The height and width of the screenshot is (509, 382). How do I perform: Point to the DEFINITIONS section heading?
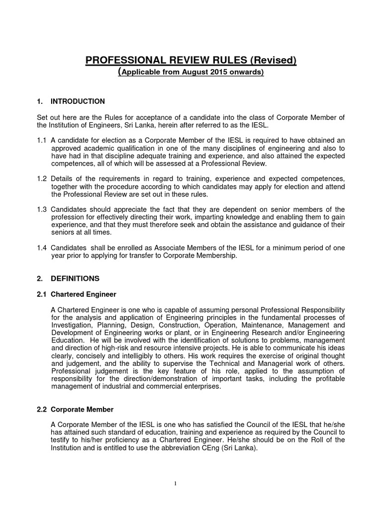click(x=75, y=278)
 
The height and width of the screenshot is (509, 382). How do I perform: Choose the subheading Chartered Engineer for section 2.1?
click(x=84, y=294)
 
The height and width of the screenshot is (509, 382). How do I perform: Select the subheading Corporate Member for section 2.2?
click(x=82, y=410)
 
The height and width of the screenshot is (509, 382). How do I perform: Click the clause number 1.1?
click(x=42, y=140)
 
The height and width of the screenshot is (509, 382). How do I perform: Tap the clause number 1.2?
click(x=42, y=178)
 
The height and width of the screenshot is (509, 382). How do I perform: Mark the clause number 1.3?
click(x=42, y=209)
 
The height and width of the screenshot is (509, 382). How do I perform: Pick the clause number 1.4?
click(x=42, y=248)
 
